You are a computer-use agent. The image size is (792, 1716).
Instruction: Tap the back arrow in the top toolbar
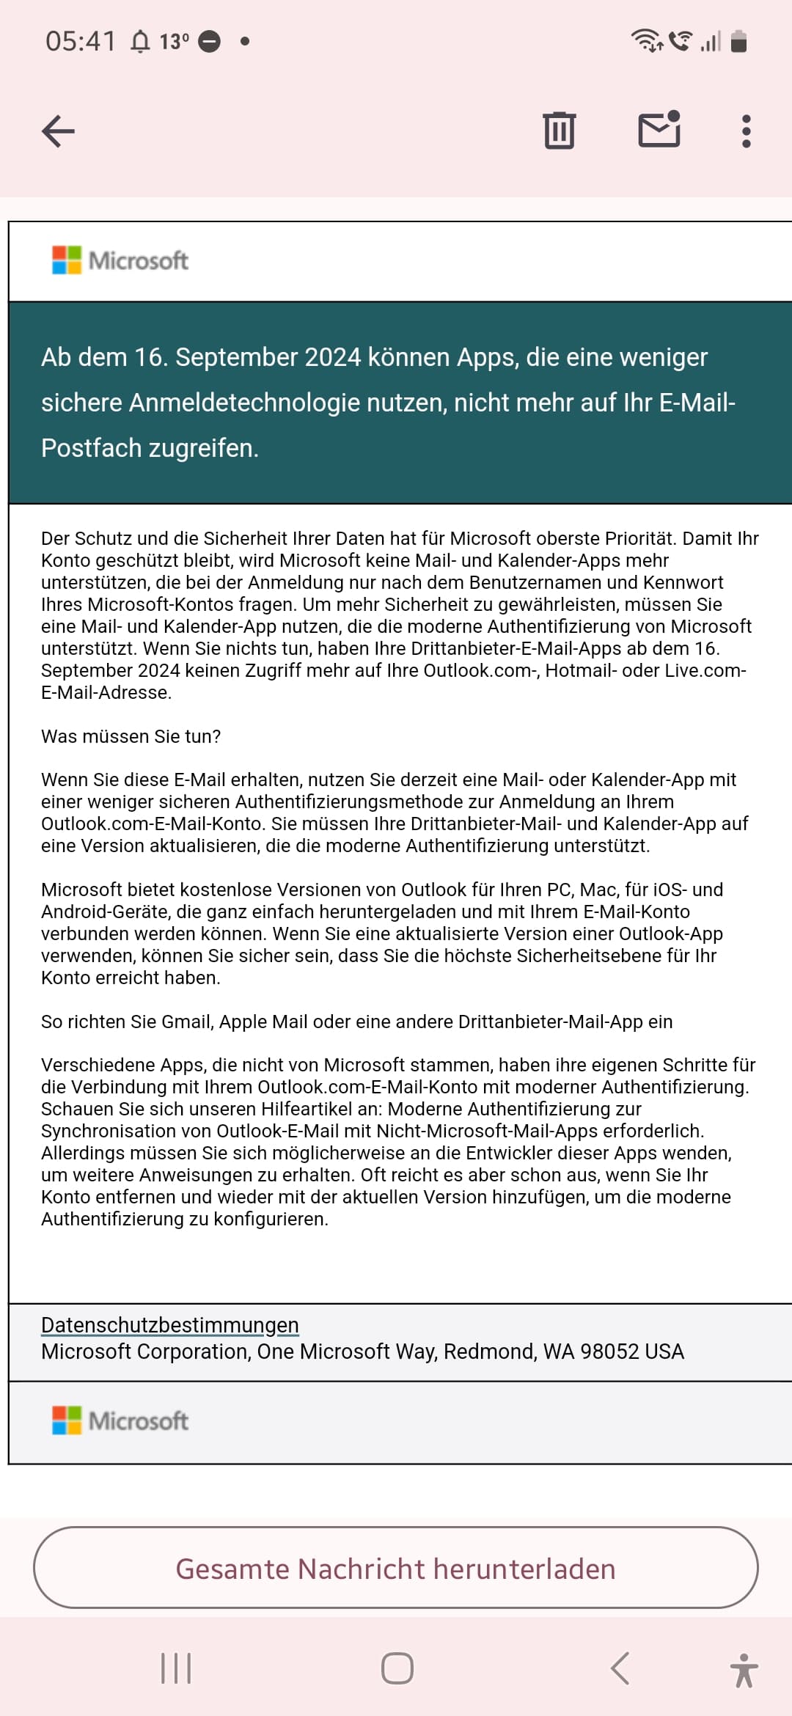[x=59, y=132]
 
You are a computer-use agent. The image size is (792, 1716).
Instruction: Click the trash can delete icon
[x=560, y=131]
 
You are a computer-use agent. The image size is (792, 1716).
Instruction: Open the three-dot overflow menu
[x=746, y=131]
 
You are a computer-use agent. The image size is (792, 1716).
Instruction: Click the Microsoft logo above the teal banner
[x=120, y=260]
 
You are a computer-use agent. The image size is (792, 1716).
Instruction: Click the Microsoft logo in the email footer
[x=120, y=1420]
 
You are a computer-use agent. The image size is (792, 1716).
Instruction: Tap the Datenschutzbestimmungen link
[x=170, y=1325]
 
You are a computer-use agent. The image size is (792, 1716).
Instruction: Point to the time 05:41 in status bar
[x=81, y=41]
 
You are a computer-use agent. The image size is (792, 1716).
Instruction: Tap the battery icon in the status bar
[x=739, y=42]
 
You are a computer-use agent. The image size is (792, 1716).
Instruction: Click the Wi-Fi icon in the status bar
[x=646, y=40]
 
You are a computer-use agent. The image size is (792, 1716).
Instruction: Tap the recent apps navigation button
[x=176, y=1668]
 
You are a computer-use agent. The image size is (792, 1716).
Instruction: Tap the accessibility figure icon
[x=744, y=1670]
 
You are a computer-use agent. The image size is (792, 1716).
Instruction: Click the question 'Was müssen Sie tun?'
[x=131, y=736]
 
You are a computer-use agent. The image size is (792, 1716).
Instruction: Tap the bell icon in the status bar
[x=140, y=42]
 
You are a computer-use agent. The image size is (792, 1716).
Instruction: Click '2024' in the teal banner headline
[x=333, y=357]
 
